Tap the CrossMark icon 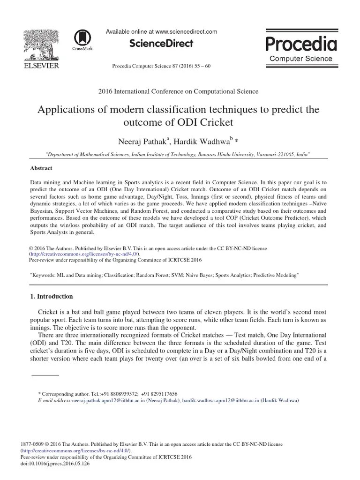point(82,39)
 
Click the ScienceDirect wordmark point(161,44)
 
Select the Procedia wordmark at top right point(301,43)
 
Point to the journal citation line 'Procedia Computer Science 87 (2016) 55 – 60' point(161,66)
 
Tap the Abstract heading point(41,168)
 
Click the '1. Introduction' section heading point(51,296)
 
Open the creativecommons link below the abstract point(77,254)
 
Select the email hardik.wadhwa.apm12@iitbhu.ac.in point(220,401)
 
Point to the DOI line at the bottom point(55,463)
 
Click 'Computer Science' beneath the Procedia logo point(301,59)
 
